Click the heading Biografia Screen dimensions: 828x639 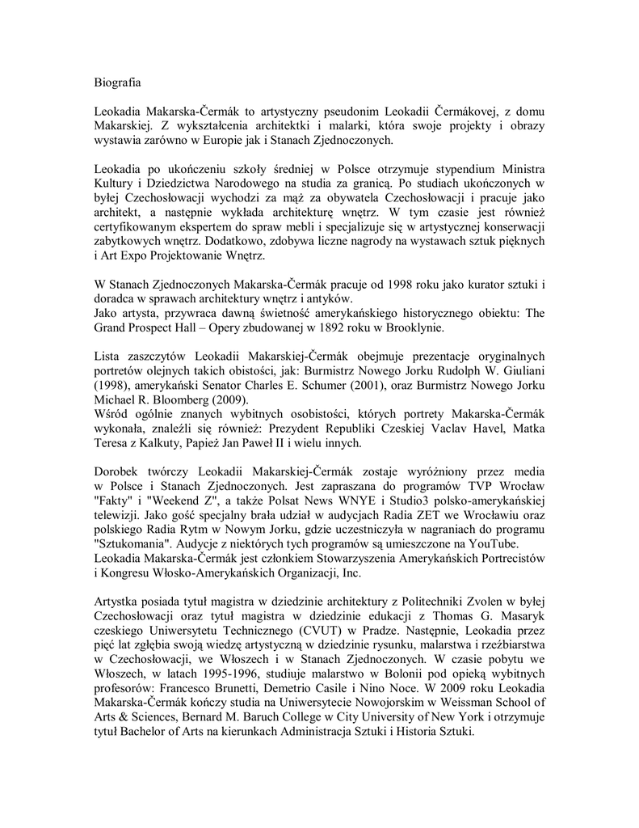point(118,82)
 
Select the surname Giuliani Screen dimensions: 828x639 point(519,371)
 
